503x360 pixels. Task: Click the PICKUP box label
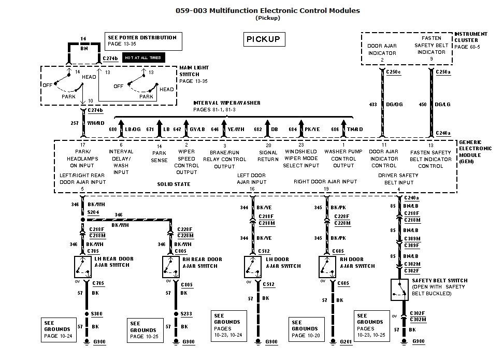[263, 39]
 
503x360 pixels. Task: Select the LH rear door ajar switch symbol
[82, 266]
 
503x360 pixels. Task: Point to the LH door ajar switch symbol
[252, 266]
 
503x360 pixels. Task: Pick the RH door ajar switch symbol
[326, 266]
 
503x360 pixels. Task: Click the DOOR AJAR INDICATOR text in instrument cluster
[382, 49]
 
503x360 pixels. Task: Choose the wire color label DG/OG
[395, 105]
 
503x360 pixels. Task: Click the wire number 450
[422, 105]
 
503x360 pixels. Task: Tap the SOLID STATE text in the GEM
[174, 184]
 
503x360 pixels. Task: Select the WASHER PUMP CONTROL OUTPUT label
[343, 159]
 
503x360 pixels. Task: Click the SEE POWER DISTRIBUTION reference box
[143, 41]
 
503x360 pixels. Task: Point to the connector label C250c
[394, 72]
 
